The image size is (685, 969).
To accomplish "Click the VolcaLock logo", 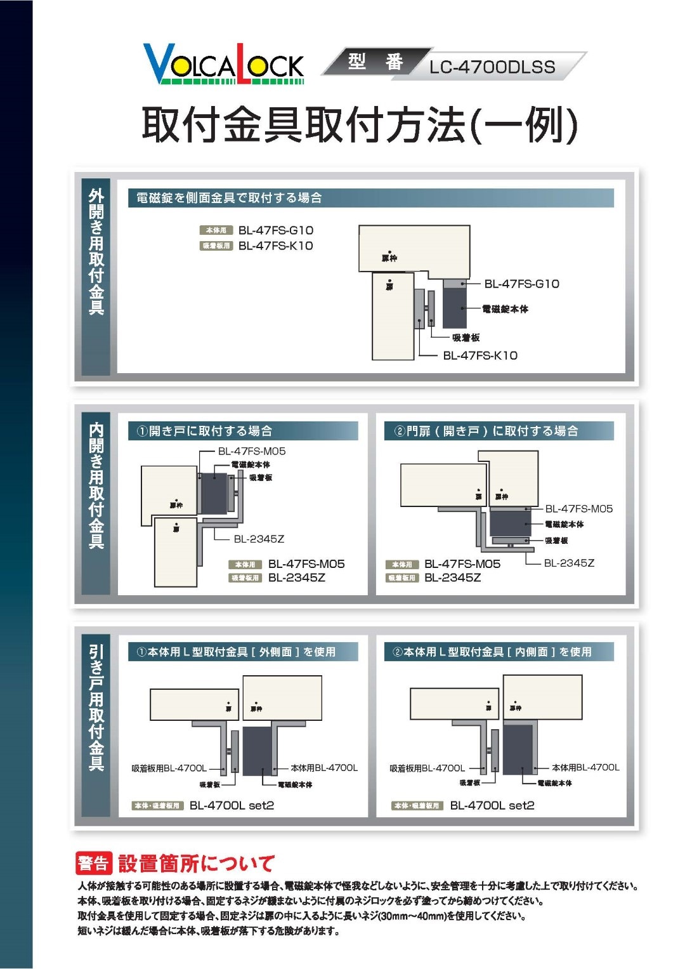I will [223, 64].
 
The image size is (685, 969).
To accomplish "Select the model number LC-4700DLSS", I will [492, 67].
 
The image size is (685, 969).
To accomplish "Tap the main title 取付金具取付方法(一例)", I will [359, 125].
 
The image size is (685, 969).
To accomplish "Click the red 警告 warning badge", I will [94, 863].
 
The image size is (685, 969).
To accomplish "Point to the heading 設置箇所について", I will [196, 863].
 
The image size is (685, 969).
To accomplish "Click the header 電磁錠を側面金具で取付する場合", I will [229, 198].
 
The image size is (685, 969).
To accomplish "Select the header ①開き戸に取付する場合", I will [204, 431].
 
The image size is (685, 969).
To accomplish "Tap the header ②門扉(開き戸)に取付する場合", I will [486, 431].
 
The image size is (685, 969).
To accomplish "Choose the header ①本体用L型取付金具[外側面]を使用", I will [235, 652].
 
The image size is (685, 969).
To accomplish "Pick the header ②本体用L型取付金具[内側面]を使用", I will [492, 652].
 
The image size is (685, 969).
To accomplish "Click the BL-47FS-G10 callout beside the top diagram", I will [521, 284].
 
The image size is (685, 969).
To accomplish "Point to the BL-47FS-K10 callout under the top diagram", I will [480, 355].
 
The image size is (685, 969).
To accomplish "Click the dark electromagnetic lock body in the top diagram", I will [453, 308].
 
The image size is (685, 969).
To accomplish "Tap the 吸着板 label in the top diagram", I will [466, 338].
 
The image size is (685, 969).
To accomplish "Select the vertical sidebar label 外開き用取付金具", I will [96, 251].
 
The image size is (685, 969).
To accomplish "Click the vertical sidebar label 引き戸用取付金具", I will [96, 708].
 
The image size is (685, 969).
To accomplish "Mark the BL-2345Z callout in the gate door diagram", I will [569, 563].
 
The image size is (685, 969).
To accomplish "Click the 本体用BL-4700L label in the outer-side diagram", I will [324, 768].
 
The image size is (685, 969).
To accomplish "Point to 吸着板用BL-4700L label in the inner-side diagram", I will [427, 768].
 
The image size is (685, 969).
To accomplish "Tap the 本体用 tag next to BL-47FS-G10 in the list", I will [216, 230].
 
